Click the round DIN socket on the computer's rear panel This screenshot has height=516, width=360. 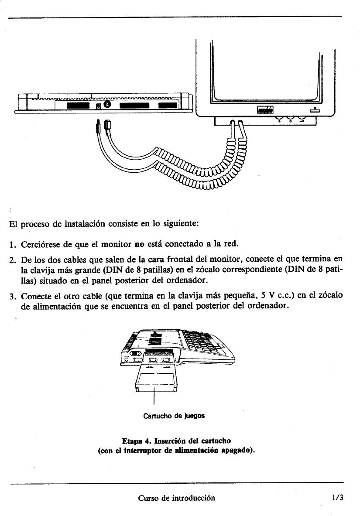107,105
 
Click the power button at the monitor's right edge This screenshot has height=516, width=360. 314,110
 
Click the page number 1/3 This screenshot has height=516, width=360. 337,497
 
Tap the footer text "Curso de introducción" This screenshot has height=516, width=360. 176,498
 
